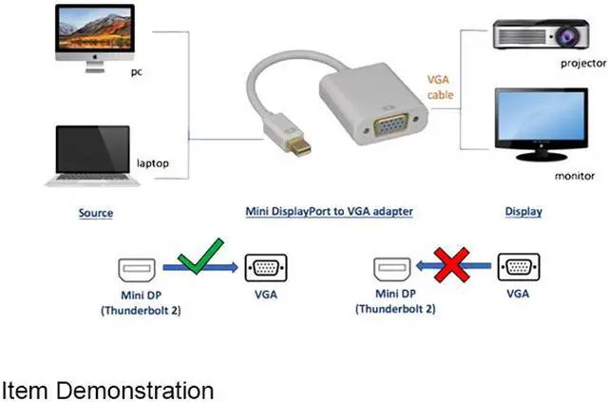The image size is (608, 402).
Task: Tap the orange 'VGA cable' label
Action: tap(440, 87)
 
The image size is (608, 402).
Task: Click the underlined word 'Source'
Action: tap(95, 213)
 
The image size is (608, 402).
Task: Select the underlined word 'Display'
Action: tap(522, 212)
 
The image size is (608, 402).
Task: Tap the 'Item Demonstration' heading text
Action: tap(106, 390)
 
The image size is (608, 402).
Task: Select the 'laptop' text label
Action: tap(153, 163)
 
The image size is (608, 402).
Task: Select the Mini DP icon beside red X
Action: tap(391, 269)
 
